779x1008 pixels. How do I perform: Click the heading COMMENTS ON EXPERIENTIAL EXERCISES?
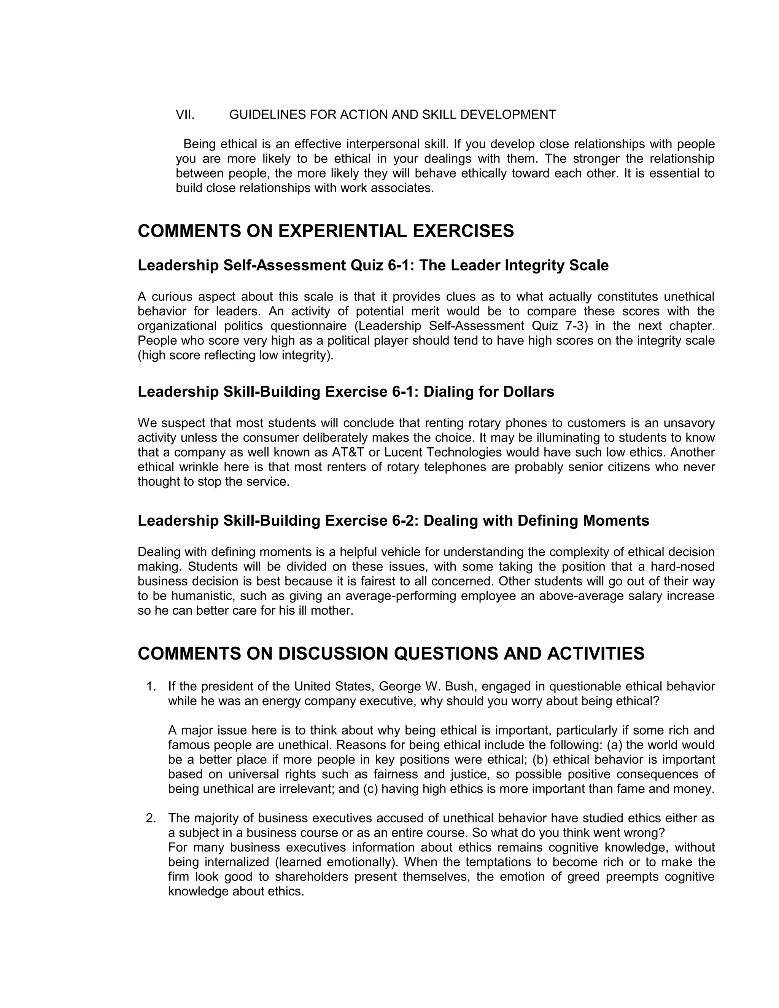325,231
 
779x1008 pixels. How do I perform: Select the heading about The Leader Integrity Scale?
373,266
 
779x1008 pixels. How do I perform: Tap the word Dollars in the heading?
528,392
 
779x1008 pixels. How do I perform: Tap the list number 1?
151,686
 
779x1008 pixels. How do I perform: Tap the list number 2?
151,818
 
